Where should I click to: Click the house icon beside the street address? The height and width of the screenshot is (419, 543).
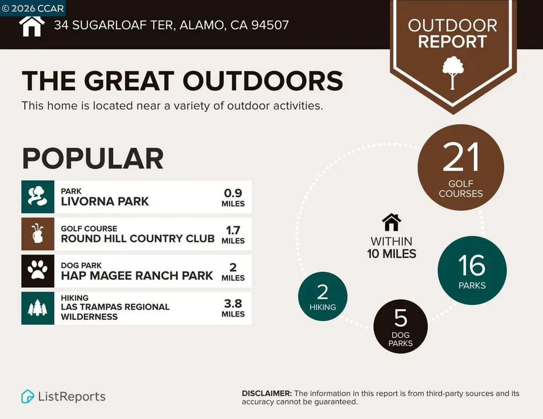[31, 26]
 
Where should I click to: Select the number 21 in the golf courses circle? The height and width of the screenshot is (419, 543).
[461, 158]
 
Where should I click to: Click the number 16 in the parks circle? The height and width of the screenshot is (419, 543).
[472, 265]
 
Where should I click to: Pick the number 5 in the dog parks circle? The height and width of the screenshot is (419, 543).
[400, 318]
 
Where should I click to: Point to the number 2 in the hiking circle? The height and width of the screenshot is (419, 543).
[322, 292]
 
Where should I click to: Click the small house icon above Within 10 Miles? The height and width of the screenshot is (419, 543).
[391, 223]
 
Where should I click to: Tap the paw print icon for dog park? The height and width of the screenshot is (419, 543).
[38, 271]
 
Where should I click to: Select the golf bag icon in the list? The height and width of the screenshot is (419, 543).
[38, 234]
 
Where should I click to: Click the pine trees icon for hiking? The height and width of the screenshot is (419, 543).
[38, 308]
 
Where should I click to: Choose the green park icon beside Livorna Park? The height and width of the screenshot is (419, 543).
[38, 197]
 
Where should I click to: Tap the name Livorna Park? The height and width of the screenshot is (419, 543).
[104, 202]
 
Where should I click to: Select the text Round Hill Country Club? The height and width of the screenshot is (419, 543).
[137, 239]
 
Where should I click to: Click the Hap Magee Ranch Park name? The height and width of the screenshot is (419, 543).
[137, 276]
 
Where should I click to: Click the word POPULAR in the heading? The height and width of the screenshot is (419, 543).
[92, 159]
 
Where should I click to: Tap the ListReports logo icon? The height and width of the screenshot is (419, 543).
[28, 396]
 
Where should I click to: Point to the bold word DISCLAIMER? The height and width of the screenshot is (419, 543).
[266, 394]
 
